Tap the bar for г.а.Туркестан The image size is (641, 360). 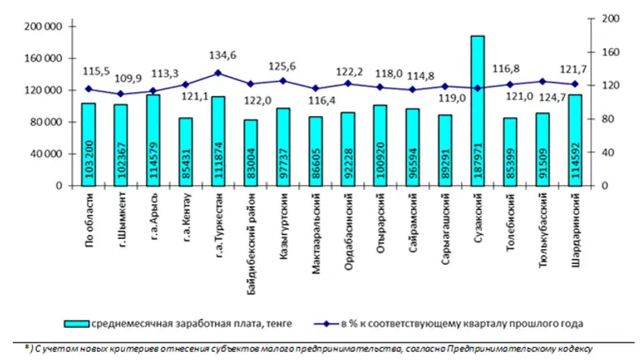[x=218, y=141]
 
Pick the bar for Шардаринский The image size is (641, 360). [x=575, y=140]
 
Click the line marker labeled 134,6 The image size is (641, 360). [x=218, y=73]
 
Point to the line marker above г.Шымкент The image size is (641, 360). [x=120, y=94]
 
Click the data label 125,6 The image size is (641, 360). [x=282, y=66]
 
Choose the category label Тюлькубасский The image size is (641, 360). [x=542, y=221]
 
